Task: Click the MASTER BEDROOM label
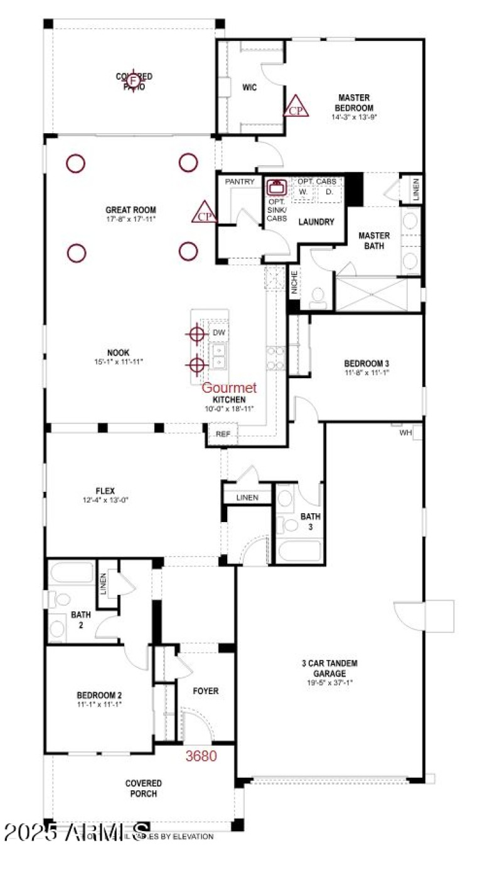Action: coord(354,102)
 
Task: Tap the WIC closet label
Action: coord(249,87)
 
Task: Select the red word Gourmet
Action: coord(229,388)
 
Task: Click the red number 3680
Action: coord(201,756)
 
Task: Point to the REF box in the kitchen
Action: coord(223,434)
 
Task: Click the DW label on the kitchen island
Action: coord(218,332)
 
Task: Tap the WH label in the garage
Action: coord(406,433)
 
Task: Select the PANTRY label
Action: coord(240,182)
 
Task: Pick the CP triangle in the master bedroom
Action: coord(296,108)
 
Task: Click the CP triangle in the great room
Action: coord(204,214)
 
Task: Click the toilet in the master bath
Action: coord(318,295)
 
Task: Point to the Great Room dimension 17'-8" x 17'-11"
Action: coord(131,219)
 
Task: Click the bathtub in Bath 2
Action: coord(70,574)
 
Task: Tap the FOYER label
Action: coord(205,691)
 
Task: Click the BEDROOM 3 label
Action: coord(367,363)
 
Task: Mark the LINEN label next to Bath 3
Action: coord(247,498)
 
